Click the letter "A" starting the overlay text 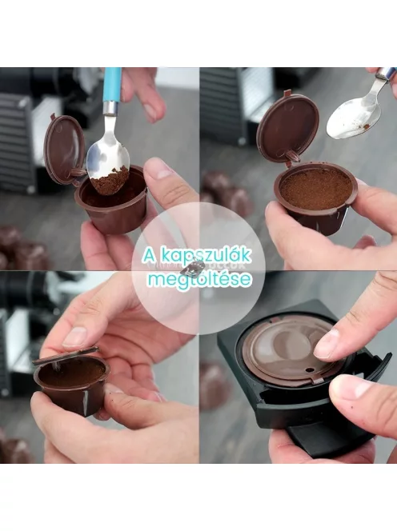pos(148,255)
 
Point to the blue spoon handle pos(112,89)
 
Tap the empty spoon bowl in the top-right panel pos(348,119)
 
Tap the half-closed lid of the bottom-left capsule pos(66,356)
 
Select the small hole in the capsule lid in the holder pos(308,369)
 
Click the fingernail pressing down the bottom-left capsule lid pos(74,337)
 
